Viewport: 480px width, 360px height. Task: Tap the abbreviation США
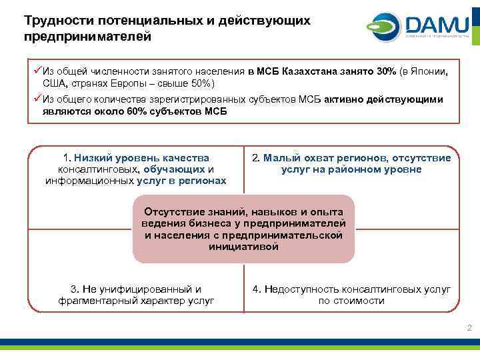coord(55,84)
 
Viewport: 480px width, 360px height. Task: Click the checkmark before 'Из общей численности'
coord(37,71)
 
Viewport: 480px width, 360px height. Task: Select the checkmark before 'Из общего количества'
coord(37,99)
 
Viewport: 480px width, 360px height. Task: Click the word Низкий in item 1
coord(93,158)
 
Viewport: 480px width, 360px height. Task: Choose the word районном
coord(365,169)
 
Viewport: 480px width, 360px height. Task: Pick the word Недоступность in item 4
coord(301,289)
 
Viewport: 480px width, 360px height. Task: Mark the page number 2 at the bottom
coord(469,327)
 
